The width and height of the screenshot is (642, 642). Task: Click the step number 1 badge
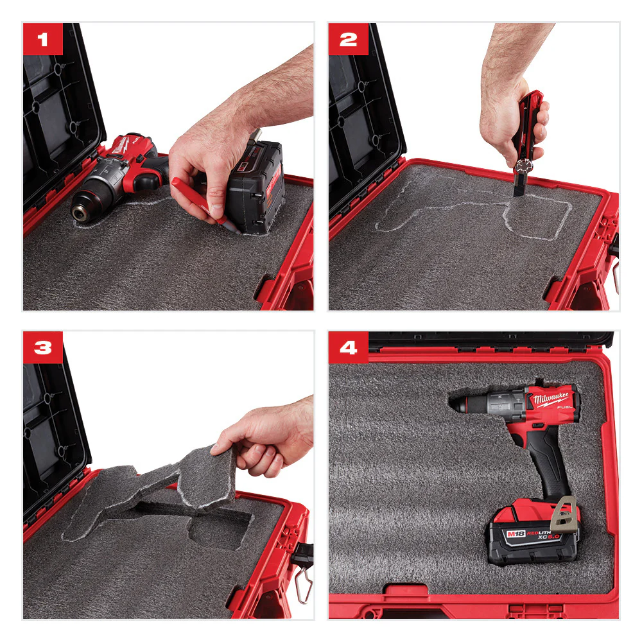(42, 39)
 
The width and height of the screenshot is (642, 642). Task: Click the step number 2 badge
(348, 39)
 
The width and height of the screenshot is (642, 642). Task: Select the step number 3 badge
(42, 347)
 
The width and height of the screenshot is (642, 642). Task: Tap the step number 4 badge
(348, 347)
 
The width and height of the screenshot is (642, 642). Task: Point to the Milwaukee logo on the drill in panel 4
(549, 401)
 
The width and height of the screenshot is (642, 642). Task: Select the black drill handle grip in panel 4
(543, 462)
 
